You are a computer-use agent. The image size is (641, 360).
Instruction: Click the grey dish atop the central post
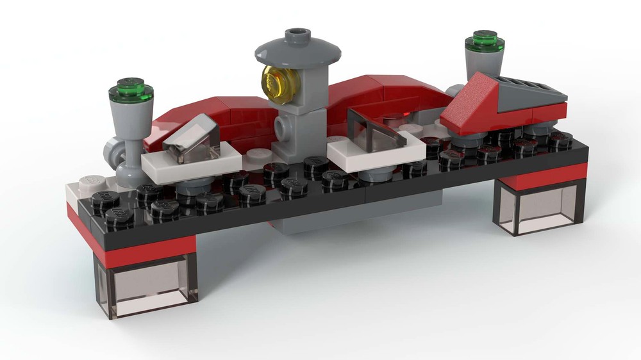point(295,49)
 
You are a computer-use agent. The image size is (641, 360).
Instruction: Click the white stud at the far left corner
point(83,184)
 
